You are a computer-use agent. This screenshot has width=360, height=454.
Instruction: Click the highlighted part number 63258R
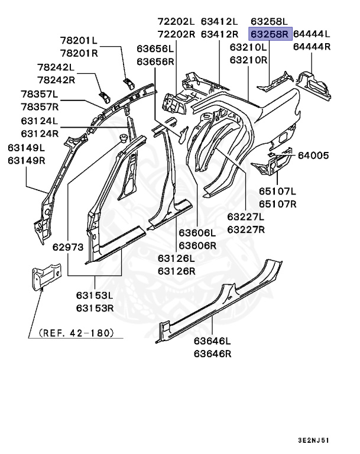[x=270, y=34]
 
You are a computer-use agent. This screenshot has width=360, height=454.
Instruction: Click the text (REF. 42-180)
[x=76, y=333]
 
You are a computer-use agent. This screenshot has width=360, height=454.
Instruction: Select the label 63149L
[x=25, y=148]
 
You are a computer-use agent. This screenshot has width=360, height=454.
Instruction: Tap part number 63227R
[x=247, y=229]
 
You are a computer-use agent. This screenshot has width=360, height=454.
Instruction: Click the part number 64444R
[x=312, y=47]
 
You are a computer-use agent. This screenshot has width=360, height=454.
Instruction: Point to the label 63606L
[x=197, y=234]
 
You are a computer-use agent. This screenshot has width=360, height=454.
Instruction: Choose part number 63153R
[x=95, y=308]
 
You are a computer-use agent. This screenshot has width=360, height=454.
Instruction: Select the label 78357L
[x=40, y=94]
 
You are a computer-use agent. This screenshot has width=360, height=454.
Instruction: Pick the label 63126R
[x=176, y=271]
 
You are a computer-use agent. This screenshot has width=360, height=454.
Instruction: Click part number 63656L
[x=155, y=49]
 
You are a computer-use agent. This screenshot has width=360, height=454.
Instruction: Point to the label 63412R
[x=219, y=34]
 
